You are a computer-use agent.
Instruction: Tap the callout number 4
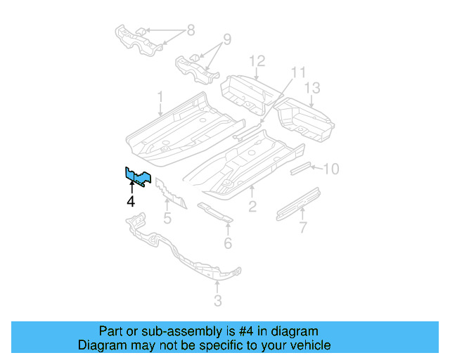[131, 202]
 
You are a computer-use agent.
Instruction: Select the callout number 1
[160, 96]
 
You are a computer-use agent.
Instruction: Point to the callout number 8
[189, 30]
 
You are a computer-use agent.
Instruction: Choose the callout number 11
[299, 72]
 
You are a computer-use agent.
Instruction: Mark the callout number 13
[312, 88]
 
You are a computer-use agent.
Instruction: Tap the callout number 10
[332, 169]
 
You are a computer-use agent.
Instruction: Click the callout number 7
[303, 227]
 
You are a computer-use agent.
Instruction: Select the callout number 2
[252, 206]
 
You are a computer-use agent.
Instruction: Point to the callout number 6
[228, 243]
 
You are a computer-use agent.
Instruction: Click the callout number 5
[167, 218]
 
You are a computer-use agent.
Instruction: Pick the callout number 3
[217, 301]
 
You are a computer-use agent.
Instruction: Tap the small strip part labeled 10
[301, 167]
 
